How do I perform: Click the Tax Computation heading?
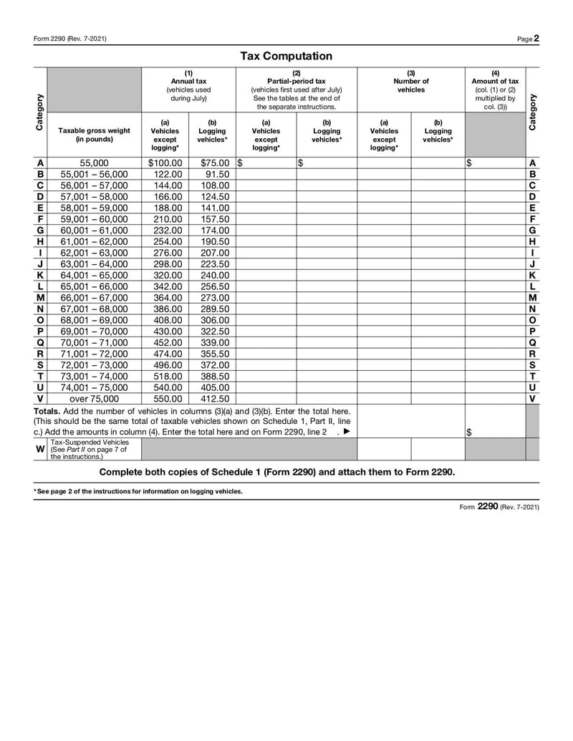click(286, 56)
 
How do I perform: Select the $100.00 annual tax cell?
click(165, 163)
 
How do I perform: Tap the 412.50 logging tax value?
click(215, 399)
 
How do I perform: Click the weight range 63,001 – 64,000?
click(94, 264)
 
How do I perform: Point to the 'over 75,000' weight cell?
click(94, 399)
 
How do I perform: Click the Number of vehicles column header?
click(410, 82)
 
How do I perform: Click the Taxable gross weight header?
click(94, 135)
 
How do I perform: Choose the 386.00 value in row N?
click(168, 309)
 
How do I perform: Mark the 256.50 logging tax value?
click(215, 286)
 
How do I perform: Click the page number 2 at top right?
click(536, 38)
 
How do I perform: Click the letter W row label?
click(40, 449)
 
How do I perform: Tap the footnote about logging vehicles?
click(138, 491)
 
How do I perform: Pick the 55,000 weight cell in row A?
click(94, 163)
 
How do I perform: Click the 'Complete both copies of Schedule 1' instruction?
click(276, 472)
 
